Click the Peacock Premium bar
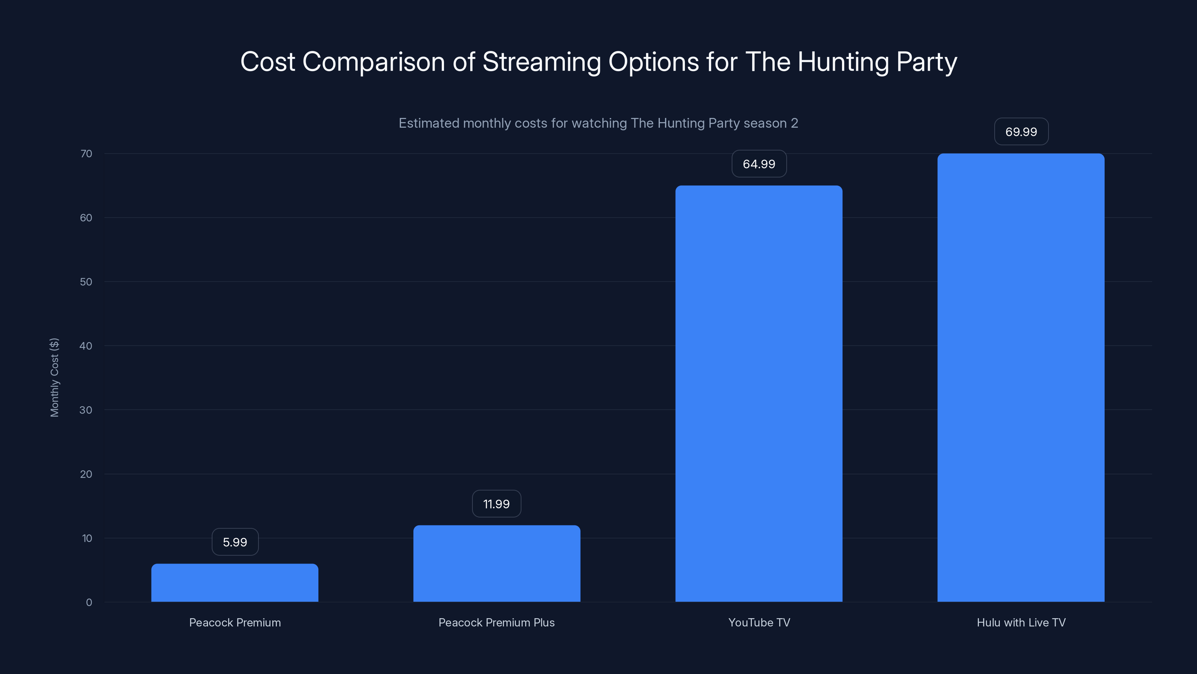coord(235,583)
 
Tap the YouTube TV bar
coord(759,394)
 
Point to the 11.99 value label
coord(496,504)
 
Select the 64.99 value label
coord(759,164)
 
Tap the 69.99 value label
coord(1021,132)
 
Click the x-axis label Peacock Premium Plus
coord(496,622)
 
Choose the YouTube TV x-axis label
coord(759,622)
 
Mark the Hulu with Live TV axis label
coord(1021,622)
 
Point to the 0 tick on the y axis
coord(89,602)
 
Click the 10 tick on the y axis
coord(87,538)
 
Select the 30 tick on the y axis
coord(86,410)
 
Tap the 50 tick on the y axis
coord(86,282)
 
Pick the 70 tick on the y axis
coord(86,154)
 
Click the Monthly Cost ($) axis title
coord(54,377)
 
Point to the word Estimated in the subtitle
coord(428,123)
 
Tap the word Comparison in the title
coord(374,62)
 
